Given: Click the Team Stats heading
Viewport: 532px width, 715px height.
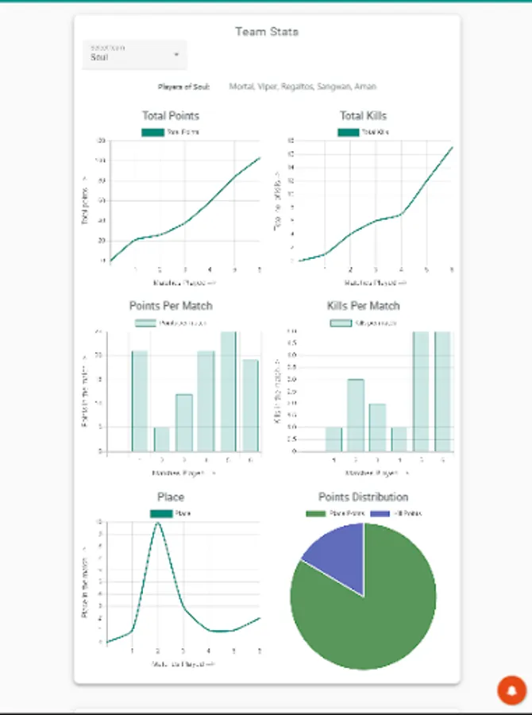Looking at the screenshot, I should (x=267, y=32).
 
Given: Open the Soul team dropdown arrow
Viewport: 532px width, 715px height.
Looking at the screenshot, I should (x=176, y=55).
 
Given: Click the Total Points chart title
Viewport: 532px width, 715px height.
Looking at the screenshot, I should (x=171, y=116).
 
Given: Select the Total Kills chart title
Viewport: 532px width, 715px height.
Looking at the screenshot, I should (x=363, y=116).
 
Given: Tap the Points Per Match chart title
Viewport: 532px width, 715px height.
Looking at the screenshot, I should (x=171, y=306).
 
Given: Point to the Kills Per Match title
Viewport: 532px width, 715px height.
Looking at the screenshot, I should (x=363, y=306).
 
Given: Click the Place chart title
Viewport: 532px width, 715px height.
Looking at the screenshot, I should (x=171, y=497).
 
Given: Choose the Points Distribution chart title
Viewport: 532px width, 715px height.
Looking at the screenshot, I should (x=363, y=497).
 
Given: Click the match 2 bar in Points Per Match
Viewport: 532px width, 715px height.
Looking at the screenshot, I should (x=161, y=439).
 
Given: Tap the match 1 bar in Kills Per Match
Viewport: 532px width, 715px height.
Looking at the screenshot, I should (x=333, y=439).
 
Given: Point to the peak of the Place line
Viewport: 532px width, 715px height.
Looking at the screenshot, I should (x=157, y=523).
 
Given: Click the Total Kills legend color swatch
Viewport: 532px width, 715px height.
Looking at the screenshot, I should (x=348, y=132).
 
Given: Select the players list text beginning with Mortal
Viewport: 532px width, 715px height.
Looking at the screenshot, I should (x=303, y=87).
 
